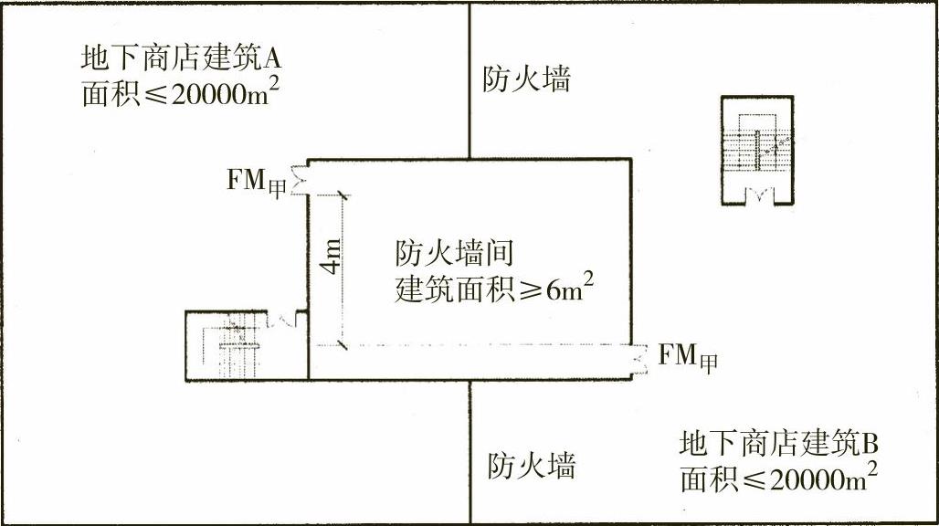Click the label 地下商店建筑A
180,60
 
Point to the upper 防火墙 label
526,80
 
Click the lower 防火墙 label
531,467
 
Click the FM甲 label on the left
257,180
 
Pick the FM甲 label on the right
688,355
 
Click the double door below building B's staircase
757,194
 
